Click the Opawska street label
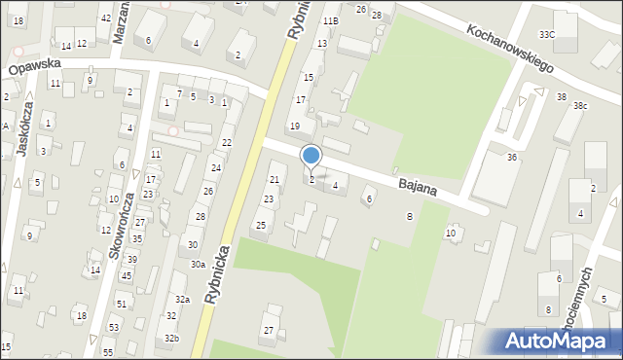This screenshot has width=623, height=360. [35, 64]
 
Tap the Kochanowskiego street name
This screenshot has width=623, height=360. [509, 50]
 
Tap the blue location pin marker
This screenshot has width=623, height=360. [311, 156]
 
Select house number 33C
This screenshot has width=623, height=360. [547, 35]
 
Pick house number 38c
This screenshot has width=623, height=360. [580, 105]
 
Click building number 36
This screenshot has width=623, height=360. [511, 158]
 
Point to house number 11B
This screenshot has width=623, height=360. [331, 20]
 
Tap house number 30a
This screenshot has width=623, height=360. [198, 264]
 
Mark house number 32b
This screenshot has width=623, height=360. [171, 338]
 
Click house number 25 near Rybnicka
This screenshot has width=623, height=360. [260, 226]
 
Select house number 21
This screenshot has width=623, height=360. [275, 179]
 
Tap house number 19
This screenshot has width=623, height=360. [295, 126]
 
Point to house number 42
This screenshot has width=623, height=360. [105, 18]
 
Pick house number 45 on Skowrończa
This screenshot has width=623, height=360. [127, 275]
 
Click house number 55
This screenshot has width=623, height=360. [108, 351]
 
